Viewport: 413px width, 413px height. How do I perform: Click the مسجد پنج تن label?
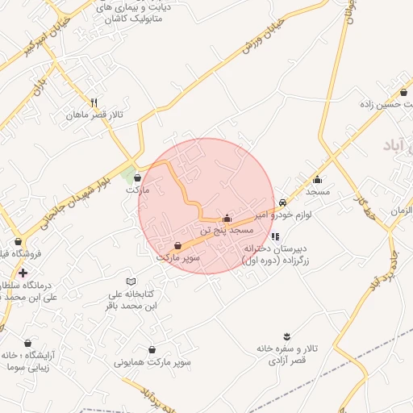(x=231, y=230)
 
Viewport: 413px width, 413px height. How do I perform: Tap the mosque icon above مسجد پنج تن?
(x=227, y=218)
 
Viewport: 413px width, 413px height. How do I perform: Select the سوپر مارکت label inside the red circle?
(x=177, y=257)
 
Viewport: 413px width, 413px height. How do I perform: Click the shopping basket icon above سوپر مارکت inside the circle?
(x=177, y=245)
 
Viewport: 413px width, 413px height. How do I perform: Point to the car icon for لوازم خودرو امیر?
(x=282, y=202)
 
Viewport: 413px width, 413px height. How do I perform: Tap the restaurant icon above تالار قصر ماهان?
(x=94, y=102)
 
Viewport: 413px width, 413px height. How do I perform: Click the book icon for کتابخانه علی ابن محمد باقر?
(x=131, y=280)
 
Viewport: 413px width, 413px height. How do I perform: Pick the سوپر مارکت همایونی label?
(x=152, y=362)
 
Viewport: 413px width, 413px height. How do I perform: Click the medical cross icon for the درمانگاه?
(x=23, y=273)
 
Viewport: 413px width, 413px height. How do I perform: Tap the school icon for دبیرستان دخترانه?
(x=275, y=236)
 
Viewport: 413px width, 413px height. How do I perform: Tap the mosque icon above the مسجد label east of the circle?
(x=317, y=180)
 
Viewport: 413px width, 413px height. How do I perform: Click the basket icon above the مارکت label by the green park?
(x=137, y=177)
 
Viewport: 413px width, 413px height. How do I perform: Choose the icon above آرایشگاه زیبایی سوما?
(x=29, y=343)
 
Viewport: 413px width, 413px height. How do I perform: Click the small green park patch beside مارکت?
(x=127, y=173)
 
